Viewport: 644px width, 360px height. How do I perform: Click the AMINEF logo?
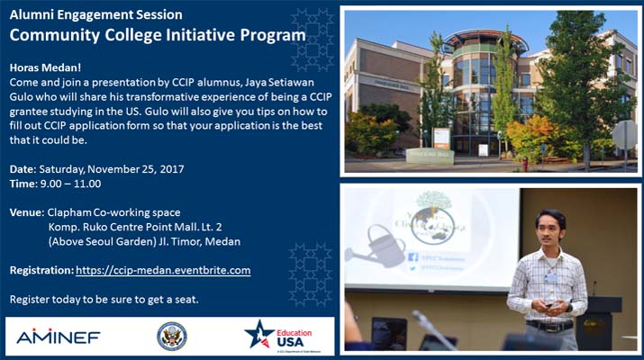point(59,337)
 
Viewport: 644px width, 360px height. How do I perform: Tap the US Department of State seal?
point(172,337)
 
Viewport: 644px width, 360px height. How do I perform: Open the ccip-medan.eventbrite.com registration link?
point(163,270)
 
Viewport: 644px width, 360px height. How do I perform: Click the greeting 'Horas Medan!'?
point(45,67)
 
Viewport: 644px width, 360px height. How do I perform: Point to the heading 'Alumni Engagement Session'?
point(95,14)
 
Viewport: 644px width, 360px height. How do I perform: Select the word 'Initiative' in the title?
point(195,35)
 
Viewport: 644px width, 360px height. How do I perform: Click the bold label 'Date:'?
point(23,169)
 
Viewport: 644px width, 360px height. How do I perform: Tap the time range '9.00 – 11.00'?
point(70,184)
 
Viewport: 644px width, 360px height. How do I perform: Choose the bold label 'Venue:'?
point(27,212)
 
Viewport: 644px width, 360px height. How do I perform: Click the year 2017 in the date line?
point(172,169)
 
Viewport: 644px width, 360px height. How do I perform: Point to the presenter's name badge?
point(550,277)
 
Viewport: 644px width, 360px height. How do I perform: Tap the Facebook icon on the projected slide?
point(413,257)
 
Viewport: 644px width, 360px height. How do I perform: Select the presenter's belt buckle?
point(549,328)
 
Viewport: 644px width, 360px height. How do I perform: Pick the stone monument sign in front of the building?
point(430,156)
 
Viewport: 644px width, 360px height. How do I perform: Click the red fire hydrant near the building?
point(525,164)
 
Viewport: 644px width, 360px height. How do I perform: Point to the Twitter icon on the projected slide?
point(413,269)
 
